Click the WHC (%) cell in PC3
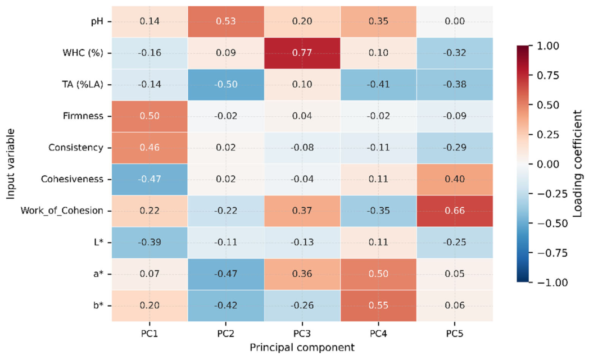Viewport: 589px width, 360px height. click(x=302, y=53)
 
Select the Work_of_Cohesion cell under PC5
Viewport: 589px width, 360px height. click(x=455, y=211)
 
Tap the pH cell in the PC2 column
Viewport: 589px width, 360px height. click(x=226, y=21)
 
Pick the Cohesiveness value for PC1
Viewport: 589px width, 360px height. click(x=149, y=179)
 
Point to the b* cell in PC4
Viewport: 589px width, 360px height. click(x=378, y=306)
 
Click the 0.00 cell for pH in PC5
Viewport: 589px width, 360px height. click(x=455, y=21)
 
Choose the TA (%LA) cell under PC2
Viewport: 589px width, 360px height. click(x=226, y=84)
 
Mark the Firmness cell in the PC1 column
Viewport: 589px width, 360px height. click(x=149, y=116)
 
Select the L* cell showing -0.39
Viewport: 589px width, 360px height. click(x=149, y=243)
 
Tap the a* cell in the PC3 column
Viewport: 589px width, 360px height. click(x=302, y=274)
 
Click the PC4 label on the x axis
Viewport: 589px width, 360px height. click(x=378, y=334)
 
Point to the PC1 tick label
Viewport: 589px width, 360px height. click(x=149, y=334)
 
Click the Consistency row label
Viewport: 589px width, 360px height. click(x=75, y=148)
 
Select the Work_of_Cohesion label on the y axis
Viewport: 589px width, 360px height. click(x=62, y=211)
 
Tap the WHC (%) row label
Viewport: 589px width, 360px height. click(x=83, y=53)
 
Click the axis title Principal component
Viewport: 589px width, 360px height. click(x=302, y=348)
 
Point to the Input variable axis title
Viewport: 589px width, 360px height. click(x=11, y=163)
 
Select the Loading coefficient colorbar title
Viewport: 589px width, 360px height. click(x=577, y=163)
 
